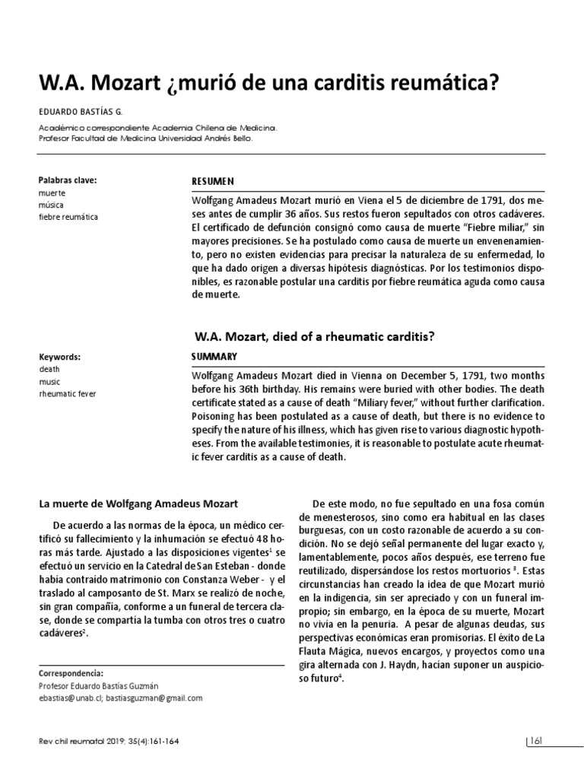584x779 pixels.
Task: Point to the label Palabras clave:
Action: (68, 181)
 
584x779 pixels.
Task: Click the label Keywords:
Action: (59, 356)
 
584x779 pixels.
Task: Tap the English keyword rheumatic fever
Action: (67, 393)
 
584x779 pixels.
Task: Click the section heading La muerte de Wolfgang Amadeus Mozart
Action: (138, 503)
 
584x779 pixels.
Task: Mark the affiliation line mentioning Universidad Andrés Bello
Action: (144, 139)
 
